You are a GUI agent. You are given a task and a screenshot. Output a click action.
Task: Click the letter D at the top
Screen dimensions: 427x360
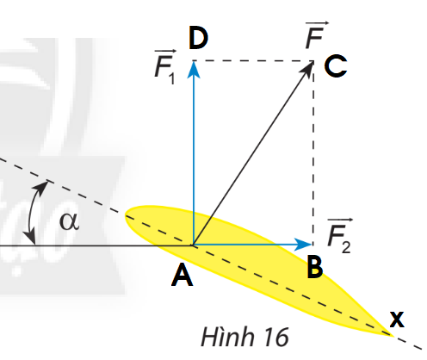click(198, 38)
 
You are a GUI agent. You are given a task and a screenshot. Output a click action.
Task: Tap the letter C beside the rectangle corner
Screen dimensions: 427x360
click(336, 66)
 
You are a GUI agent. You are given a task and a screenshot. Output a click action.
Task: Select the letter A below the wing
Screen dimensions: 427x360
click(182, 276)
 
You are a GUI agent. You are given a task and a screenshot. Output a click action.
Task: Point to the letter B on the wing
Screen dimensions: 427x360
click(314, 267)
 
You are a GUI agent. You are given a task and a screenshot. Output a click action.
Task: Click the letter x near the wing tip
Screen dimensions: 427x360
click(397, 320)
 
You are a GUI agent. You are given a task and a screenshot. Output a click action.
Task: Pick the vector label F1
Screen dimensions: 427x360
click(165, 67)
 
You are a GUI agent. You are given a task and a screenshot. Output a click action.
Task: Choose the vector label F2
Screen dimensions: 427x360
click(340, 236)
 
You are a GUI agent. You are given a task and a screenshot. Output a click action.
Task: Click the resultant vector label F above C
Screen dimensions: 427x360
click(316, 35)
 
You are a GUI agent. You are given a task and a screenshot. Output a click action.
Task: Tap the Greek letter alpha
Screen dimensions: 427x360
click(69, 221)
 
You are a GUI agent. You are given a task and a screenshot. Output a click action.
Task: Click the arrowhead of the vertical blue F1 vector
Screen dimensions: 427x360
click(194, 69)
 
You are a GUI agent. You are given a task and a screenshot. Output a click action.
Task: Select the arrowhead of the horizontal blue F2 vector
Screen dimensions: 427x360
click(304, 245)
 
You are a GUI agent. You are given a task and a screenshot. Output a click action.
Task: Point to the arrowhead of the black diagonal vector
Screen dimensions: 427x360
click(308, 69)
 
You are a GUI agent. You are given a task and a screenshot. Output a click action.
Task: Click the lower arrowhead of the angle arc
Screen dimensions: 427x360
click(30, 237)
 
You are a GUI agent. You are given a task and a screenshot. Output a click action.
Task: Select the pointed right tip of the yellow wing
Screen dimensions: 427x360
click(393, 335)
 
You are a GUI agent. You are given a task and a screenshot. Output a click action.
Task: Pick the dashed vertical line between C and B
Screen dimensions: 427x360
click(313, 152)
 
